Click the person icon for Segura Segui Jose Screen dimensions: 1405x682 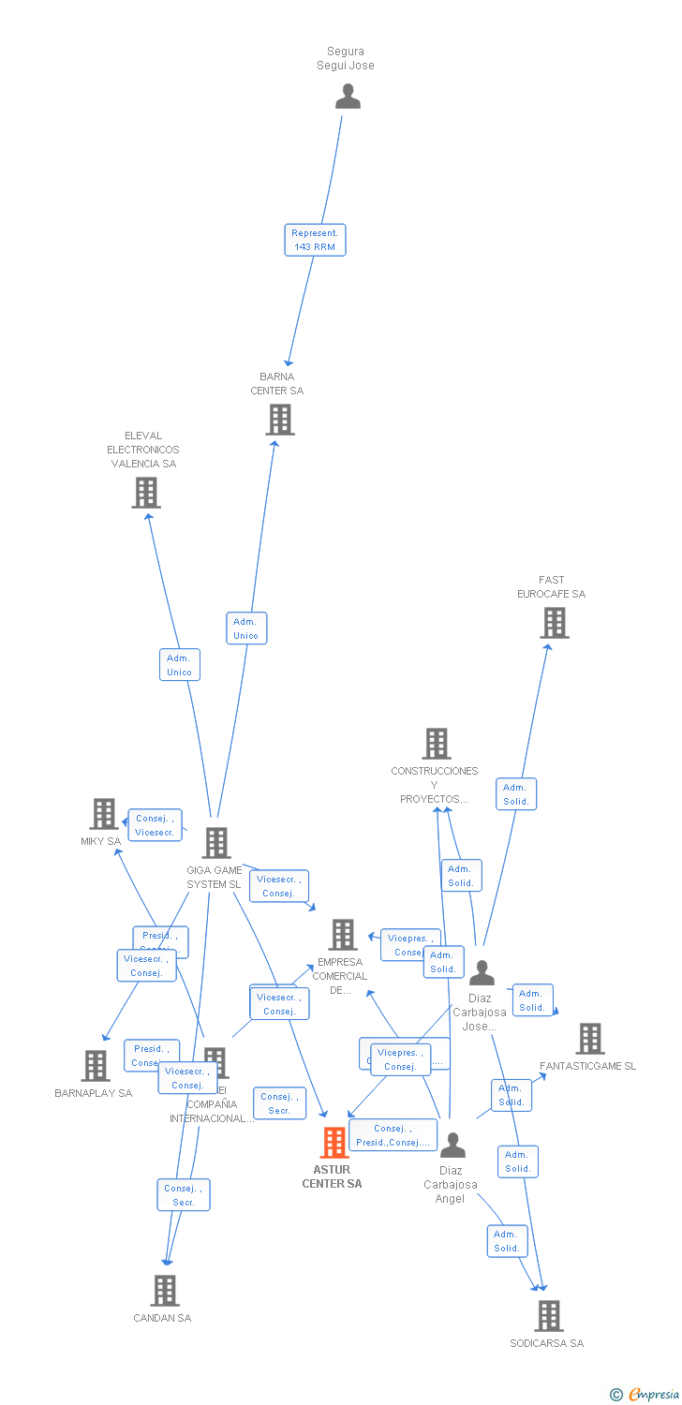(348, 96)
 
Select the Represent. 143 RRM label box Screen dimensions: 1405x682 (315, 240)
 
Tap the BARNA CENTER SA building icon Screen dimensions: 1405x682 (280, 420)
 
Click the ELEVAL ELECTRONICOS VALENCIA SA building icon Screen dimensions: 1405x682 (146, 492)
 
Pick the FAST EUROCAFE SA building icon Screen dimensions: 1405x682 (554, 623)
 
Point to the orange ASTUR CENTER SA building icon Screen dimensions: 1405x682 (334, 1143)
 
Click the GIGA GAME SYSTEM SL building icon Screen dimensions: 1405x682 (216, 843)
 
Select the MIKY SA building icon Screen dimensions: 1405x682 (104, 814)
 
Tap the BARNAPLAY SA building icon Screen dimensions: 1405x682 (96, 1066)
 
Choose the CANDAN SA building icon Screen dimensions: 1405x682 (165, 1291)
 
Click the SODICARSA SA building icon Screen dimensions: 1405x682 (549, 1316)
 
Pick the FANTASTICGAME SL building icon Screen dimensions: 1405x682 (590, 1039)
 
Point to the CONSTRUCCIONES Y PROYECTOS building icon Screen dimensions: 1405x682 (437, 744)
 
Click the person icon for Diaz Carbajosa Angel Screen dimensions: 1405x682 (452, 1145)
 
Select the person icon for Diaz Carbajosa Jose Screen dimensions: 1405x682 (482, 973)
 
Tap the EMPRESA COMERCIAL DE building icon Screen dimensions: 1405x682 (343, 935)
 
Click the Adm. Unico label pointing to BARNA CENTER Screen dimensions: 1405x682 (246, 629)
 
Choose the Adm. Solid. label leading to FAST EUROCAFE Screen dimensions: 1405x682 (516, 794)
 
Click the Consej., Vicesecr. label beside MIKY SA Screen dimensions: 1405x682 (155, 825)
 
